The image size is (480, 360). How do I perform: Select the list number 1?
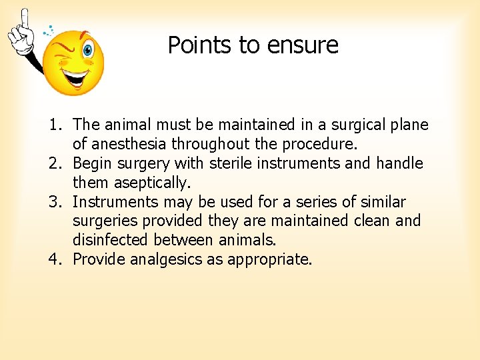coord(55,125)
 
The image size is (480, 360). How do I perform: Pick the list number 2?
coord(55,163)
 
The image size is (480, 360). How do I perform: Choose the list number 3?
coord(55,202)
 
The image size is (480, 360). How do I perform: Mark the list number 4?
coord(55,259)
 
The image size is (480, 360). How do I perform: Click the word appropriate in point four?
coord(269,259)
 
